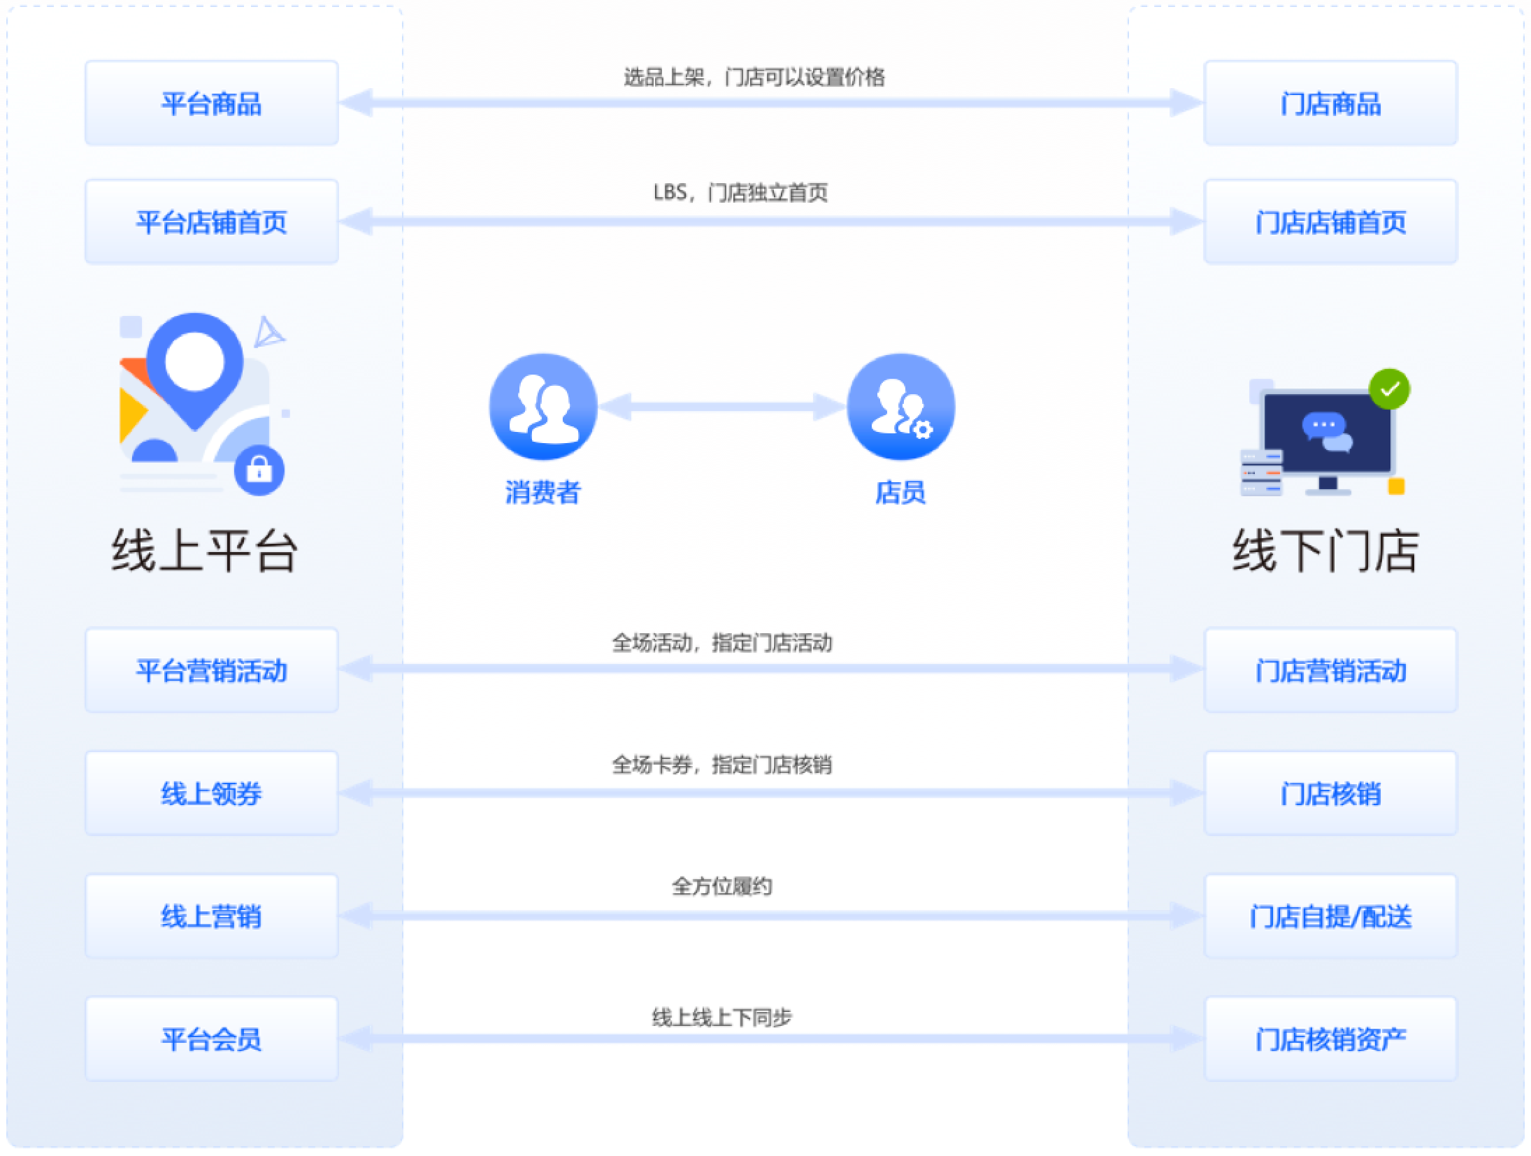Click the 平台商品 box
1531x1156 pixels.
coord(211,103)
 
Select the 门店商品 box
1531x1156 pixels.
coord(1330,103)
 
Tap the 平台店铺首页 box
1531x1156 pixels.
coord(211,222)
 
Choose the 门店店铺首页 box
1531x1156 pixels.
coord(1330,222)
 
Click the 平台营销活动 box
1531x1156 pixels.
coord(211,670)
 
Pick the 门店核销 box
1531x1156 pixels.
coord(1330,793)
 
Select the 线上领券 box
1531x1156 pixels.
coord(211,793)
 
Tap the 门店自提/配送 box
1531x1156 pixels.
coord(1330,916)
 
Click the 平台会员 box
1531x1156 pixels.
coord(211,1039)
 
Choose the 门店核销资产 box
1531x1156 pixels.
coord(1330,1039)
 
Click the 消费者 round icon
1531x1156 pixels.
coord(543,407)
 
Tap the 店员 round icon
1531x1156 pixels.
coord(900,407)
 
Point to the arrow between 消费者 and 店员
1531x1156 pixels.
coord(721,407)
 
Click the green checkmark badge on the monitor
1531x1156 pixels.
coord(1389,389)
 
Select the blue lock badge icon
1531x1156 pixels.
coord(259,470)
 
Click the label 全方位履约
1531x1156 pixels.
coord(721,886)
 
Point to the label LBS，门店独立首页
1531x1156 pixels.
coord(740,192)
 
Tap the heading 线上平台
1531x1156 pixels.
coord(204,551)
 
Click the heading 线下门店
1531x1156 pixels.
coord(1325,551)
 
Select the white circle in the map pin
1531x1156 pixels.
coord(194,361)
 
